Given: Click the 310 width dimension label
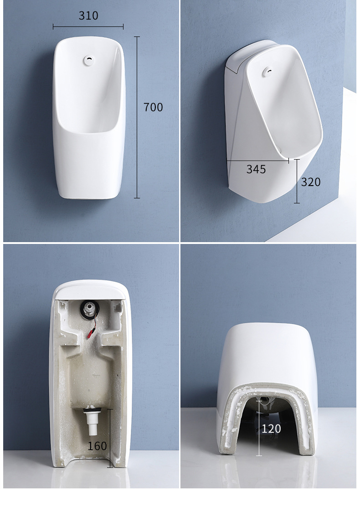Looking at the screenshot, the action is (88, 16).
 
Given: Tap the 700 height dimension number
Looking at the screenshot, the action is (153, 107).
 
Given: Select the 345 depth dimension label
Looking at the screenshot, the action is (256, 169).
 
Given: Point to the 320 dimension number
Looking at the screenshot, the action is (311, 182).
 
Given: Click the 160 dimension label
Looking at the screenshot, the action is (97, 446).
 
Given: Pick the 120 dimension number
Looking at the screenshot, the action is (271, 429).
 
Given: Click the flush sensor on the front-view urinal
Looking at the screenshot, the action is (88, 60).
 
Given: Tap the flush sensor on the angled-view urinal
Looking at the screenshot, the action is (268, 70).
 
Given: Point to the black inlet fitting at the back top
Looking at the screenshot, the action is (89, 309).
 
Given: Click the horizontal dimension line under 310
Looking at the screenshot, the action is (88, 27).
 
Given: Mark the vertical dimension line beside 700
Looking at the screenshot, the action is (137, 118).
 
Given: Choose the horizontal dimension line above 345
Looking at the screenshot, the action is (258, 161).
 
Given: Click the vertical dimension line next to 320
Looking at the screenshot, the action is (297, 181).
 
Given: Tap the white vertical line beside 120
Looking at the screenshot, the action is (259, 428).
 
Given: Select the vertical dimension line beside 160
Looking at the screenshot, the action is (110, 438).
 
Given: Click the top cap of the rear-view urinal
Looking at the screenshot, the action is (88, 290).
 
